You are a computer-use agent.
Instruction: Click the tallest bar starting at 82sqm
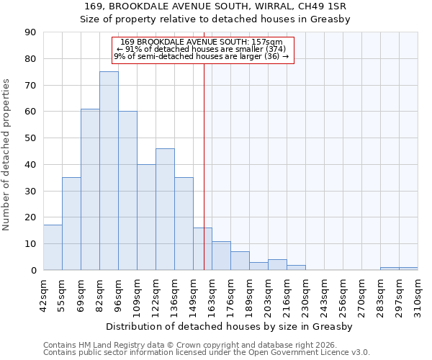click(109, 171)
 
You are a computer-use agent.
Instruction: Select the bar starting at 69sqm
click(90, 189)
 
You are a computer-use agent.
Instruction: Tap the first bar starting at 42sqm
click(53, 248)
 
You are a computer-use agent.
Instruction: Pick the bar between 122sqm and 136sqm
click(165, 209)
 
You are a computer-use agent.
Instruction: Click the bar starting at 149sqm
click(202, 249)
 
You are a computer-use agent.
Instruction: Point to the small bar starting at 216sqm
click(296, 268)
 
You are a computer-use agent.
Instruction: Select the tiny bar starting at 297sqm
click(408, 269)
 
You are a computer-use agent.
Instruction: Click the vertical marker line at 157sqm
click(204, 166)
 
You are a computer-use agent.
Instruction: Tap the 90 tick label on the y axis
click(30, 32)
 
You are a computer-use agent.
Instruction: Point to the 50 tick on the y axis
click(30, 138)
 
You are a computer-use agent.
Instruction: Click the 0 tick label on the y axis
click(33, 270)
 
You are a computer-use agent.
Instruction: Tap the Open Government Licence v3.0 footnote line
click(207, 353)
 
